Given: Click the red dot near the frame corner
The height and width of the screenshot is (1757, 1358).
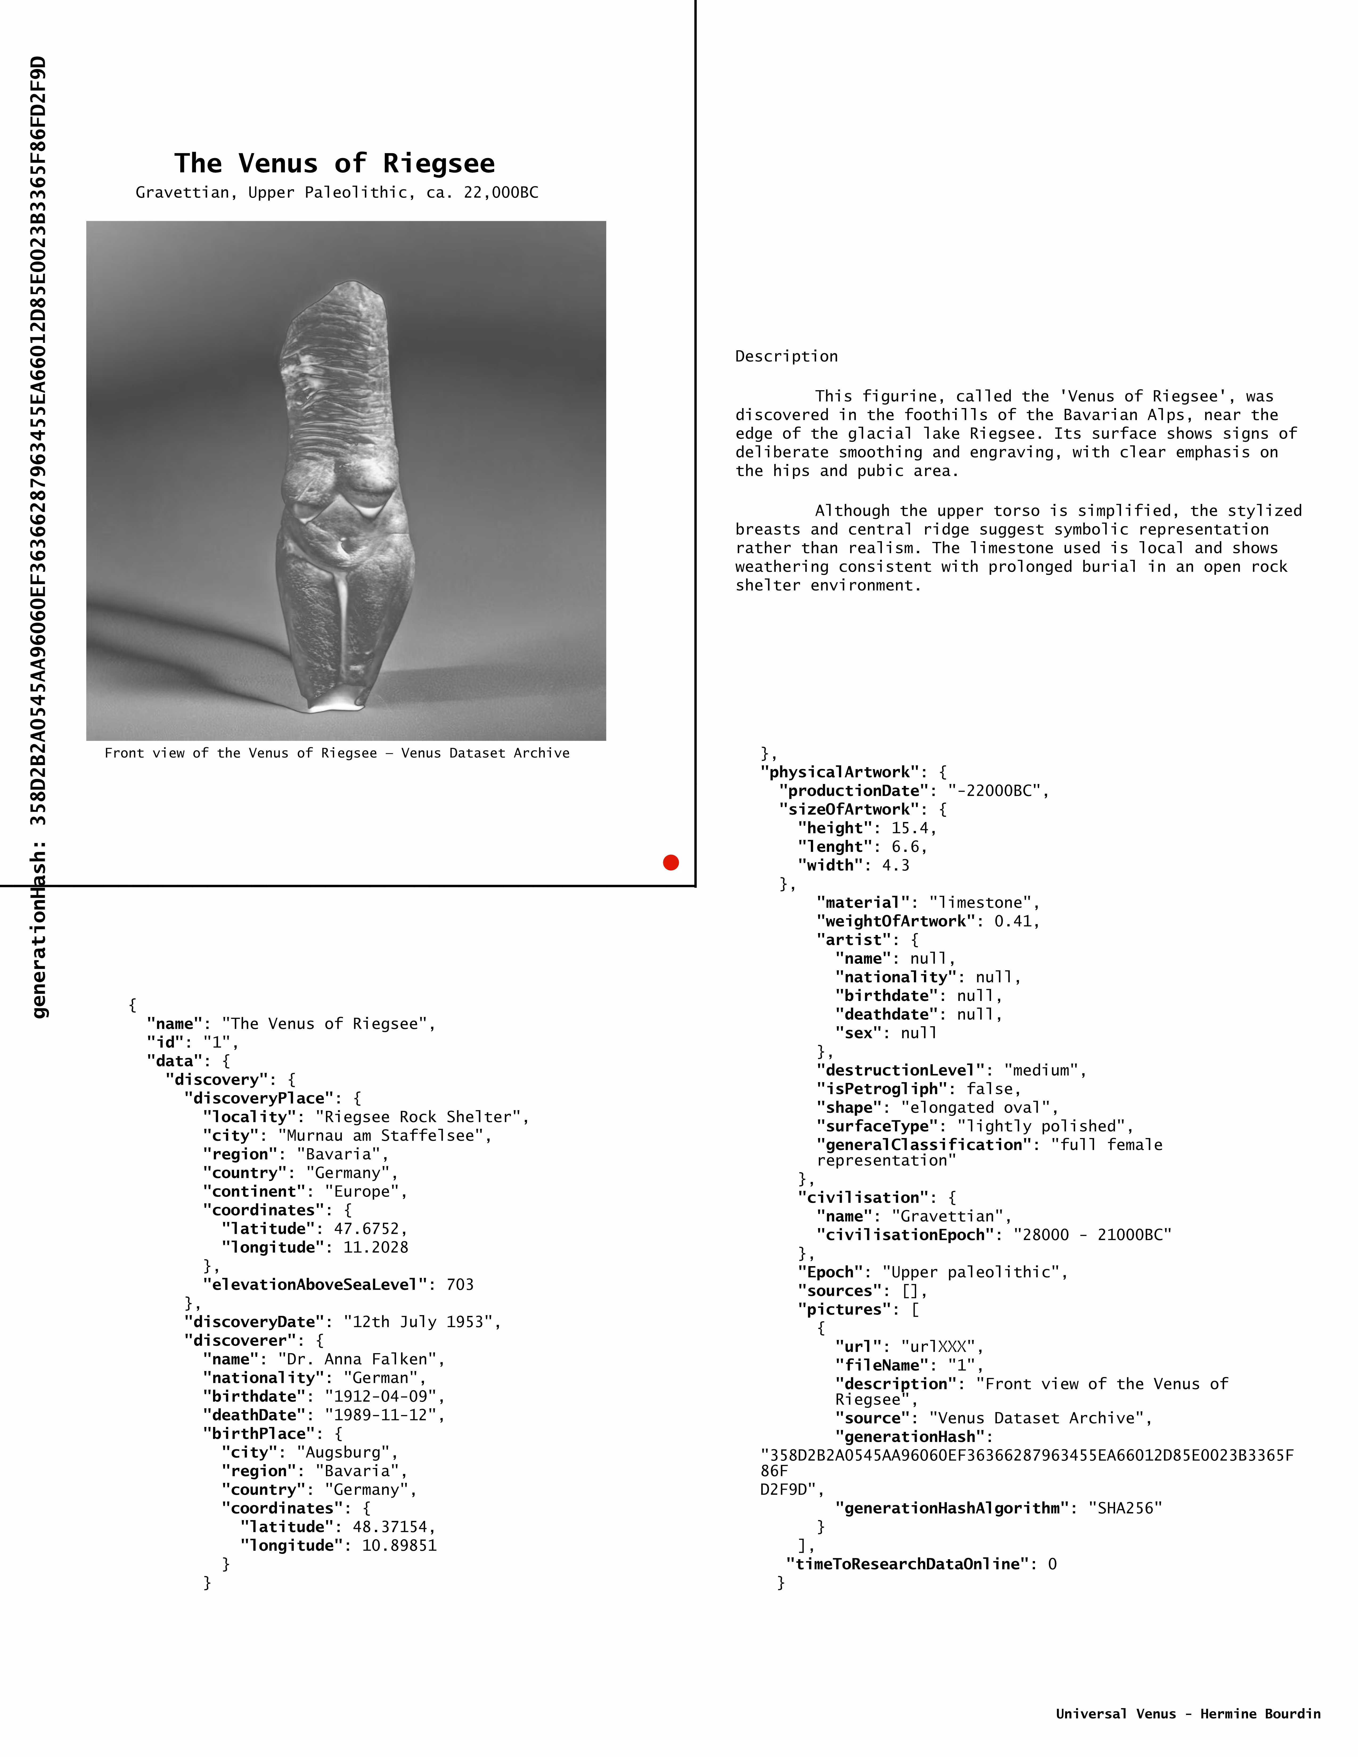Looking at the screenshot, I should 671,863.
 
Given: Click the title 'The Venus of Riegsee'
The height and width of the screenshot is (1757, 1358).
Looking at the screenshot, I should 335,163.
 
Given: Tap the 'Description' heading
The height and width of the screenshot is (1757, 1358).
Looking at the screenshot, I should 786,356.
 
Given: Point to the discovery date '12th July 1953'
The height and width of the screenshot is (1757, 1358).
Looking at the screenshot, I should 422,1322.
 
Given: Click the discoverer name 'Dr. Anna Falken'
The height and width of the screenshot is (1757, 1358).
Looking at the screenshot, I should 361,1359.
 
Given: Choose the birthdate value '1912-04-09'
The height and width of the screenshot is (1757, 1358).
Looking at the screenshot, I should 384,1396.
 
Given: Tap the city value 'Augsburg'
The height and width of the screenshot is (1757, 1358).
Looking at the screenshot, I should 347,1452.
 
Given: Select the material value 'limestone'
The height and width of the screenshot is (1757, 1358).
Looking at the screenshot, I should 984,903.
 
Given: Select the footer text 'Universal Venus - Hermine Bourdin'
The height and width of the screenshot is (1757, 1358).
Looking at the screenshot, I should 1187,1714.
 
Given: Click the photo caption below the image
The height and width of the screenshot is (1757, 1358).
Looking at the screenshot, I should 337,753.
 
